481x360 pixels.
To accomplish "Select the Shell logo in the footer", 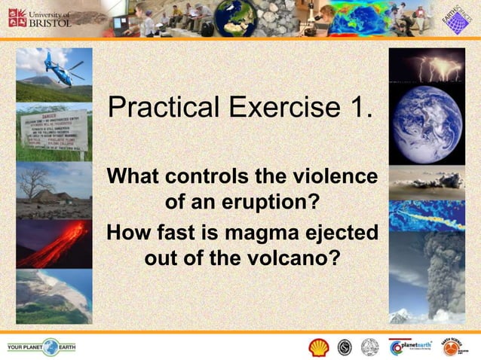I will (x=319, y=347).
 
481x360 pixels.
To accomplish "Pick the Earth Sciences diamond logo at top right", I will (x=454, y=18).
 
